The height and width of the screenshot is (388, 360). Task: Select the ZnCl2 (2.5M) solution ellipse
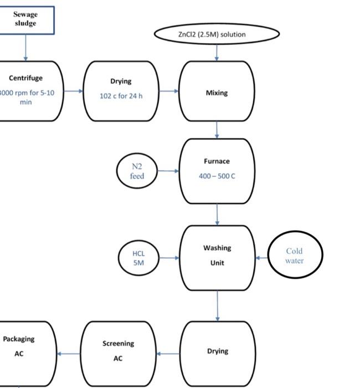click(x=216, y=34)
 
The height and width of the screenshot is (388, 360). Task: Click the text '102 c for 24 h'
click(x=121, y=96)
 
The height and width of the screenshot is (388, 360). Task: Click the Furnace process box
click(x=217, y=171)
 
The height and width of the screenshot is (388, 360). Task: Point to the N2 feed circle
click(x=137, y=171)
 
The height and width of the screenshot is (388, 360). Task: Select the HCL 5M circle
click(x=138, y=258)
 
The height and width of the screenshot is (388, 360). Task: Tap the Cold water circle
click(x=295, y=256)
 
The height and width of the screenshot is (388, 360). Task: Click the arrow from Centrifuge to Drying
click(x=73, y=90)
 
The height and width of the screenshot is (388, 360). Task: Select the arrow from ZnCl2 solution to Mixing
click(x=217, y=52)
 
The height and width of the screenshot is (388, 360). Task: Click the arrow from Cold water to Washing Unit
click(x=261, y=258)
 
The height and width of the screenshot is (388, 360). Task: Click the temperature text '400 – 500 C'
click(x=217, y=176)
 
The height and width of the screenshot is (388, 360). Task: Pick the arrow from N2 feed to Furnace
click(x=168, y=171)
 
